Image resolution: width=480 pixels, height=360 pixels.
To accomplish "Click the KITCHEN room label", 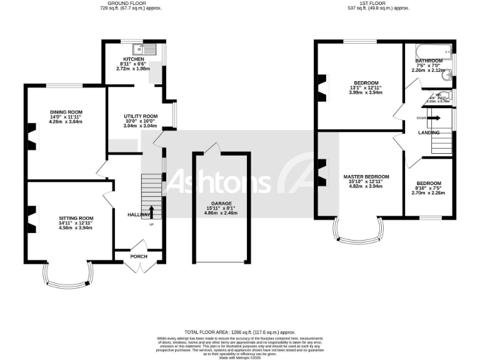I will (x=133, y=59).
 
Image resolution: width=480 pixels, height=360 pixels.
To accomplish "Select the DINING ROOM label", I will (x=66, y=112).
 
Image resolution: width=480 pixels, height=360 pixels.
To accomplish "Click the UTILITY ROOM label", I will (x=140, y=116).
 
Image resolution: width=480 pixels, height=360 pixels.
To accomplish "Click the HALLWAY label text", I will (x=139, y=214).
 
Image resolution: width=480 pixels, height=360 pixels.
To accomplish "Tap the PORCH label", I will (x=138, y=256).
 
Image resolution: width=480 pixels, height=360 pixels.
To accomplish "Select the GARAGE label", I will (x=221, y=203).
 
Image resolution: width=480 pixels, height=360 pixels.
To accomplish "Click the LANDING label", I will (x=429, y=132).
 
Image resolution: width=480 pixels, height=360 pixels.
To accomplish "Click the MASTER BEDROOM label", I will (x=366, y=177).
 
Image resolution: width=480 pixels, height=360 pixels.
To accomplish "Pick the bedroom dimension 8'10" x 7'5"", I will (x=429, y=171).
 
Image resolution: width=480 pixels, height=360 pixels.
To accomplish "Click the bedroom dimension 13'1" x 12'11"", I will (x=366, y=88).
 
